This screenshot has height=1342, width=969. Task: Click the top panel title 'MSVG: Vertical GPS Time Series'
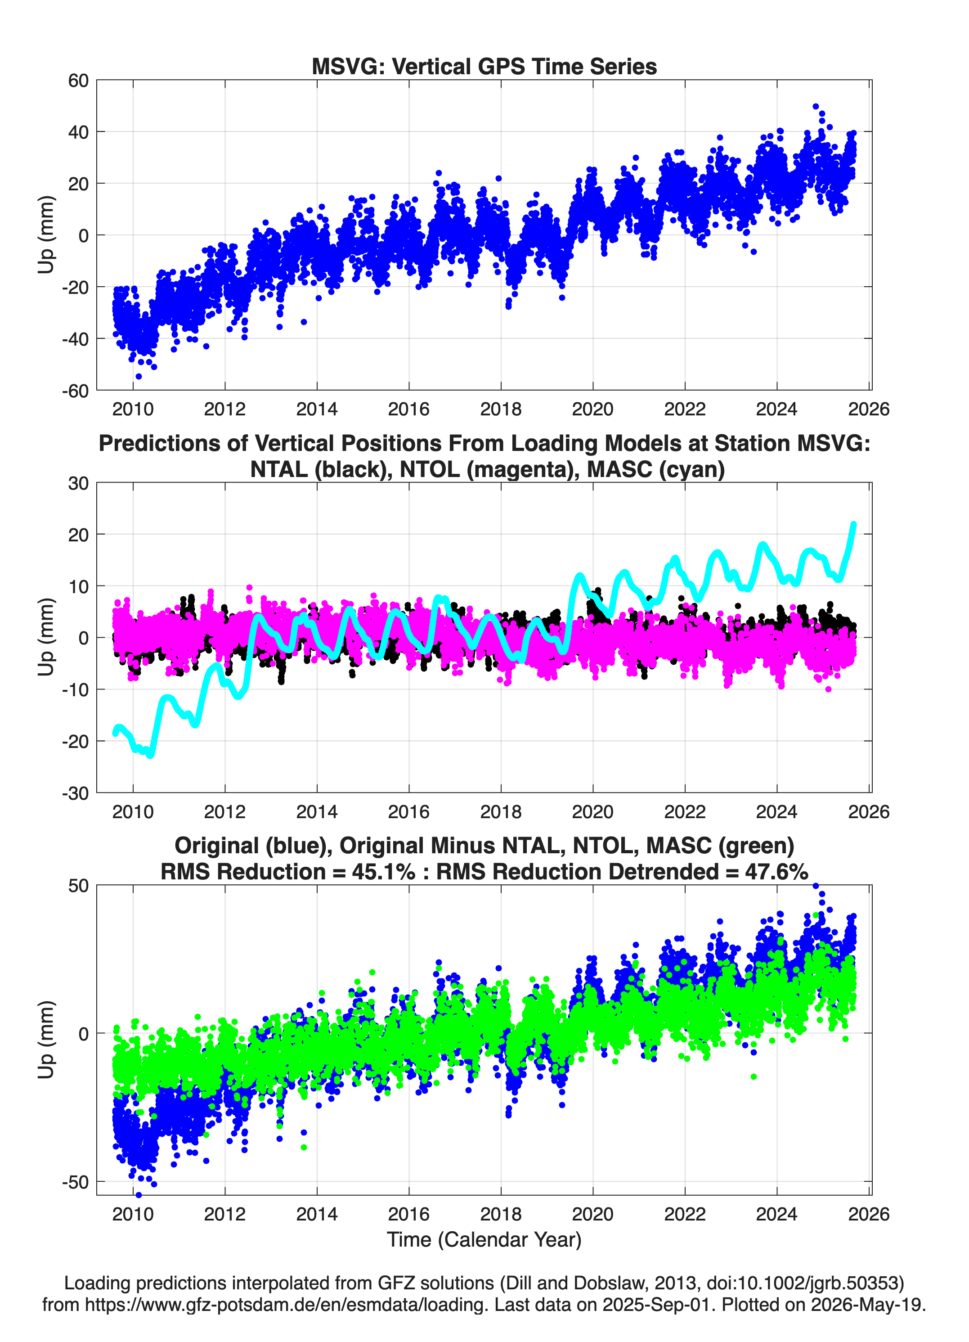coord(484,66)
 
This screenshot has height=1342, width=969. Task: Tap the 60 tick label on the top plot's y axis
coord(78,81)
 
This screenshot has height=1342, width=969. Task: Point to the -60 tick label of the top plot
coord(75,391)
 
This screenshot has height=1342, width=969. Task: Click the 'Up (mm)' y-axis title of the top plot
coord(46,235)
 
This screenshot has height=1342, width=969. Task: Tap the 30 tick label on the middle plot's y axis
coord(78,483)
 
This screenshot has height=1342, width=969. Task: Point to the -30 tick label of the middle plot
coord(75,793)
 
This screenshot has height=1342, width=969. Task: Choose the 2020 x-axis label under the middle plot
coord(593,812)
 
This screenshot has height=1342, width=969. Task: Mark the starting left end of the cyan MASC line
coord(115,734)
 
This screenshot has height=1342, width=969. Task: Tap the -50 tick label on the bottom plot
coord(75,1182)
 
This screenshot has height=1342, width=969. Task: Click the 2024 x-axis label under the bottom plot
coord(777,1214)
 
